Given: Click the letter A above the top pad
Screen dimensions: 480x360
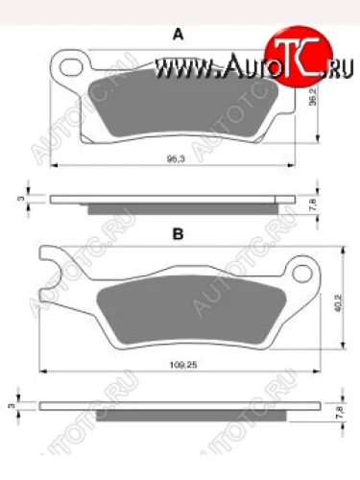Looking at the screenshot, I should [177, 35].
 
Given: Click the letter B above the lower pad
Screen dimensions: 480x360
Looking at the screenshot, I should [178, 233].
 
